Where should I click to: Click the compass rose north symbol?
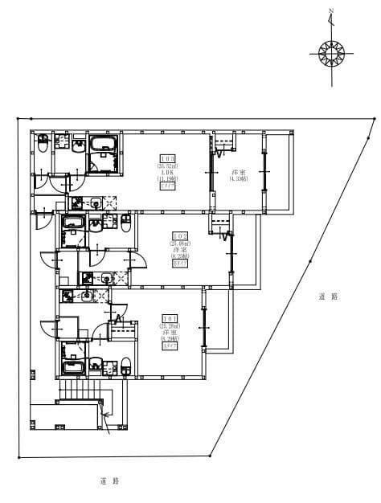(331, 54)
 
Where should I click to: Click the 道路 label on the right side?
(328, 296)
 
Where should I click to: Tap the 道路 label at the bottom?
(110, 481)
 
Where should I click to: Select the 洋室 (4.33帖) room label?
(238, 176)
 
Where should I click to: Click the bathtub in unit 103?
(104, 145)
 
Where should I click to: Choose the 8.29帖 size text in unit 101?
(170, 339)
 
